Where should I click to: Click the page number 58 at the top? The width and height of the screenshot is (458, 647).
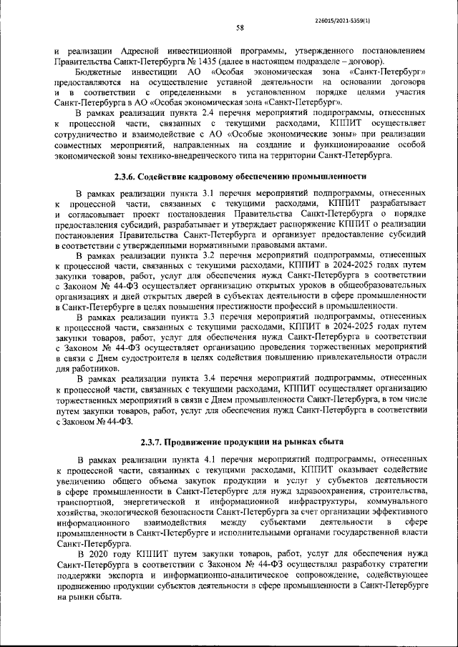click(x=240, y=28)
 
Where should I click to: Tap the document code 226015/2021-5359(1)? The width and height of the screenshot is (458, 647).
click(x=391, y=11)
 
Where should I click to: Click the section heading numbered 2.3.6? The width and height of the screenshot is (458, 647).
click(x=240, y=176)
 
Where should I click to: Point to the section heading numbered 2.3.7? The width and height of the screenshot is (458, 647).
click(x=241, y=441)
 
